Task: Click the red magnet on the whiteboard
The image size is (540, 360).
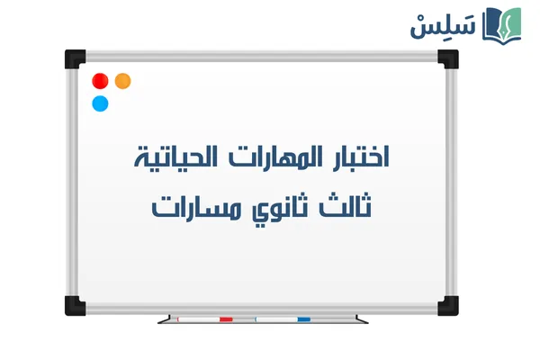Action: [x=100, y=81]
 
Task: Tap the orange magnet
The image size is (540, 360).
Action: [x=123, y=81]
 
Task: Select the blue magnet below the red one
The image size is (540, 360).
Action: [x=100, y=103]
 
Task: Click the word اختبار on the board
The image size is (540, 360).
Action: [x=362, y=160]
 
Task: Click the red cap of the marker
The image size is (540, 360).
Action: [x=225, y=319]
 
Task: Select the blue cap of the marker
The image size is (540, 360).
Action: [x=303, y=319]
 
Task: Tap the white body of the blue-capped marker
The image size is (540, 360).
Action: [x=276, y=319]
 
